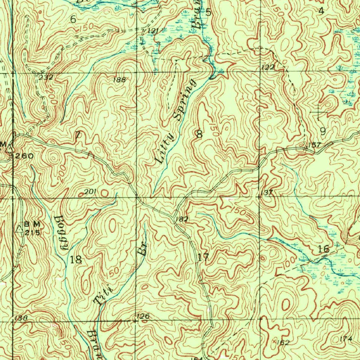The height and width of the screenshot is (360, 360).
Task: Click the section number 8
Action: tap(200, 134)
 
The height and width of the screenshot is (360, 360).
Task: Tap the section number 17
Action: tap(203, 257)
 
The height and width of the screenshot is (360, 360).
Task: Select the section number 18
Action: tap(76, 260)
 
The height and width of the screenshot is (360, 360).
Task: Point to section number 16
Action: tap(323, 249)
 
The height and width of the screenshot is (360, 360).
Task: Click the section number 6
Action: tap(73, 20)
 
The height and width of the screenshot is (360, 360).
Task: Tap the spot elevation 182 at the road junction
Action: tap(181, 219)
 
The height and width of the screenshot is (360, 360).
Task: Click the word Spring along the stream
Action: tap(184, 100)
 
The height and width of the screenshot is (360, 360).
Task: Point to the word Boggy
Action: tap(60, 232)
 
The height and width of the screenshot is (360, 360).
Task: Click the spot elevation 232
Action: tap(46, 77)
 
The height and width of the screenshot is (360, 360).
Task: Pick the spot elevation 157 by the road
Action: tap(314, 145)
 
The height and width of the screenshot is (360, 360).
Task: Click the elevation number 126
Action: tap(143, 316)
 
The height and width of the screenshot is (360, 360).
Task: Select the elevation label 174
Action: tap(346, 338)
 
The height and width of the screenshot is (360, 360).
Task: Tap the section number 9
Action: tap(323, 131)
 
